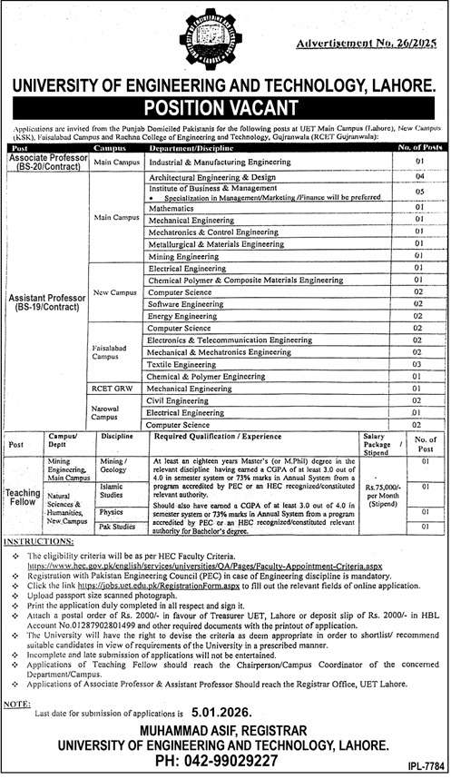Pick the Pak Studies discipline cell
point(117,526)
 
